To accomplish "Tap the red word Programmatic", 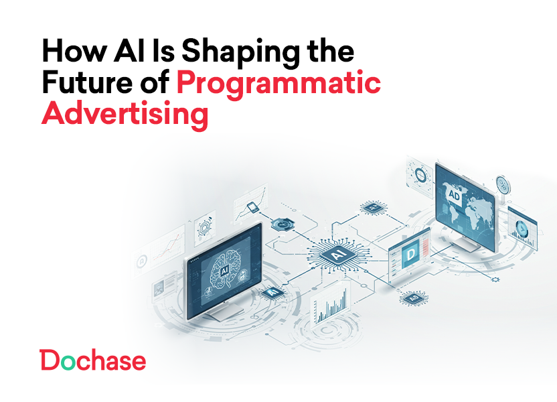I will (278, 84).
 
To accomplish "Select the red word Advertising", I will (125, 114).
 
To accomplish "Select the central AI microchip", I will (336, 253).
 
